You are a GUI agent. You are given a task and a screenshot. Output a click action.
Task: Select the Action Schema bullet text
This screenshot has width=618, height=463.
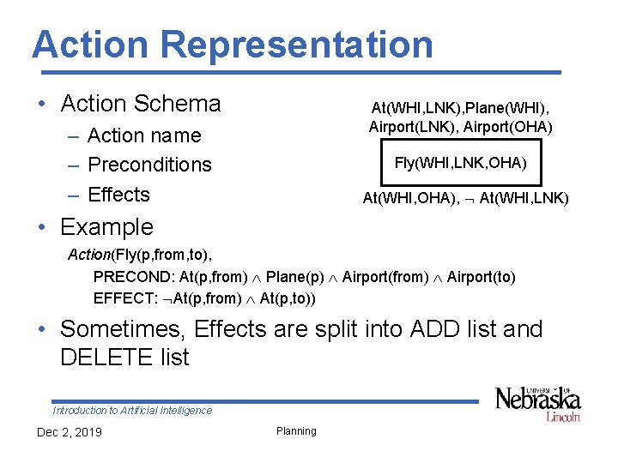(141, 104)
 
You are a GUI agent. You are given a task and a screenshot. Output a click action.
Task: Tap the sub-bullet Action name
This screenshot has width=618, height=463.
(144, 135)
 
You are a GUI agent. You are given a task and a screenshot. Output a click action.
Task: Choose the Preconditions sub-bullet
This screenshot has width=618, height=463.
(149, 165)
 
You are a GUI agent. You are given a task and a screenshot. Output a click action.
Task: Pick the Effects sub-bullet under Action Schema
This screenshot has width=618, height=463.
(118, 195)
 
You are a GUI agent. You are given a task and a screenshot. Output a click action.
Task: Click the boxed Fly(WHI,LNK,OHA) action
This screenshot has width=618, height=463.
(461, 163)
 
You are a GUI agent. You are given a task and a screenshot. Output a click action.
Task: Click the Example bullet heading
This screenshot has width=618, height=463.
(106, 227)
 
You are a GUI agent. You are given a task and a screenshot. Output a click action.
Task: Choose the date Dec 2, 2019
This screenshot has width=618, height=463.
(70, 431)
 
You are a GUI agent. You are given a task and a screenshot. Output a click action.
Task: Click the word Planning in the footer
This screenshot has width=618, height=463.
(296, 431)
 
